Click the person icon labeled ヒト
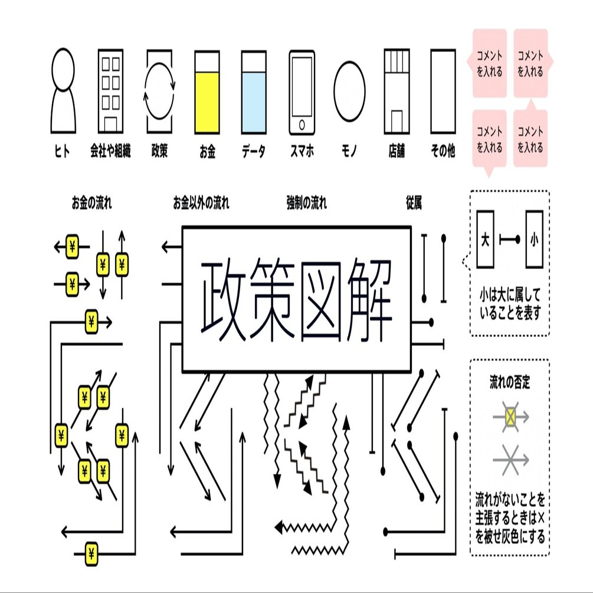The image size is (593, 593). (63, 91)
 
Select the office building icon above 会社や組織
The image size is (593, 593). (110, 91)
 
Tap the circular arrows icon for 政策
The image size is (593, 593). (160, 91)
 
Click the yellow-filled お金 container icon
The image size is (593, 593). (207, 93)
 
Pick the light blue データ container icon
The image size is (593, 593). (254, 93)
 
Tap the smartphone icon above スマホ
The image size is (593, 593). (302, 93)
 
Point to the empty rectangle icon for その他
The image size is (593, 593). (443, 91)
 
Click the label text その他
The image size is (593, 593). (443, 152)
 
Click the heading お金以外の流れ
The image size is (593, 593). (201, 204)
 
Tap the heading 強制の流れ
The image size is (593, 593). (306, 204)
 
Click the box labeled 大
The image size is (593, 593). (484, 240)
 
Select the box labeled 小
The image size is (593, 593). (534, 240)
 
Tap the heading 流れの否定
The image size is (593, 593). (510, 382)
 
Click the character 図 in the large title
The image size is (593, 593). (322, 299)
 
